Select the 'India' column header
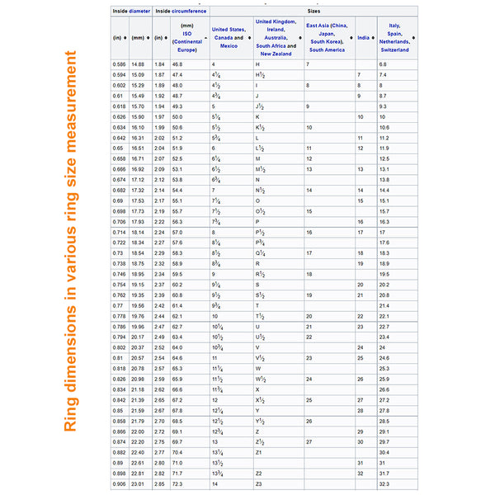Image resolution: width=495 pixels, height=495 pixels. click(363, 38)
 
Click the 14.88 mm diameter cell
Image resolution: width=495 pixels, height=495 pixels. click(138, 64)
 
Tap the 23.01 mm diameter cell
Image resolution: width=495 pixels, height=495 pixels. click(138, 483)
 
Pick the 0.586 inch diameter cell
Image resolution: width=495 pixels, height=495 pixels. click(119, 64)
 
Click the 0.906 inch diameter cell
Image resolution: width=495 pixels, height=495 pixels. click(119, 483)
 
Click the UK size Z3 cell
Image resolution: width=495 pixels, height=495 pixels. click(259, 483)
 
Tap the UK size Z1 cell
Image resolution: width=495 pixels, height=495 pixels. click(259, 452)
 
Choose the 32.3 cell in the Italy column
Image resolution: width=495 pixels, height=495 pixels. click(384, 483)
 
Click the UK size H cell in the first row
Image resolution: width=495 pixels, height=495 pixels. click(257, 64)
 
